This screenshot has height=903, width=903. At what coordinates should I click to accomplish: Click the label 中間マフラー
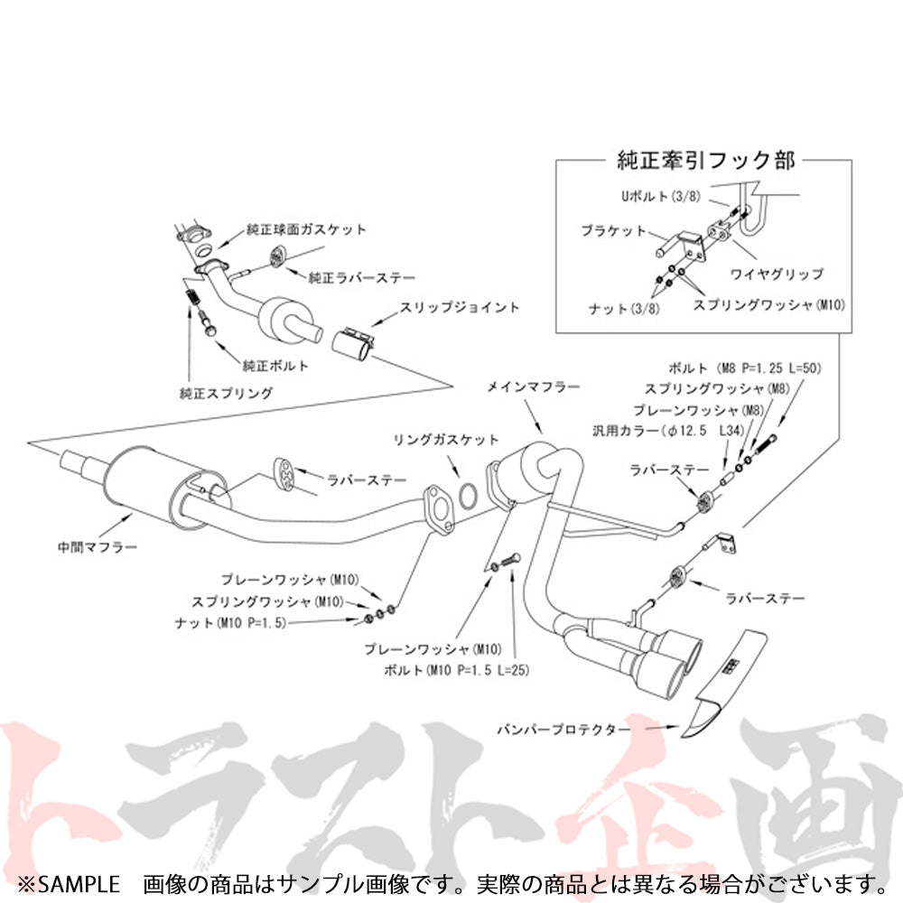click(x=97, y=546)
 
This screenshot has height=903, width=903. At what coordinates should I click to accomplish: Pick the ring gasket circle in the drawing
click(x=469, y=494)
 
